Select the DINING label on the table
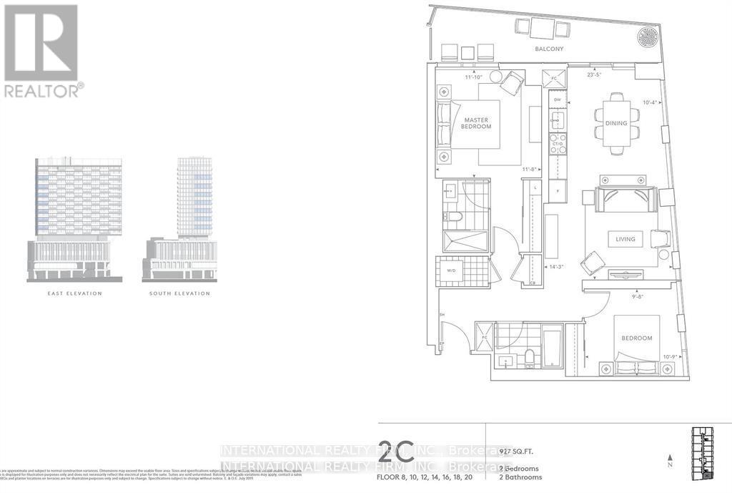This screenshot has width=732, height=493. point(615,123)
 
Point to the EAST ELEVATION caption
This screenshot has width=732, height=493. point(75,293)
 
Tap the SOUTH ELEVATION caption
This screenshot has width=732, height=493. point(179,293)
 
